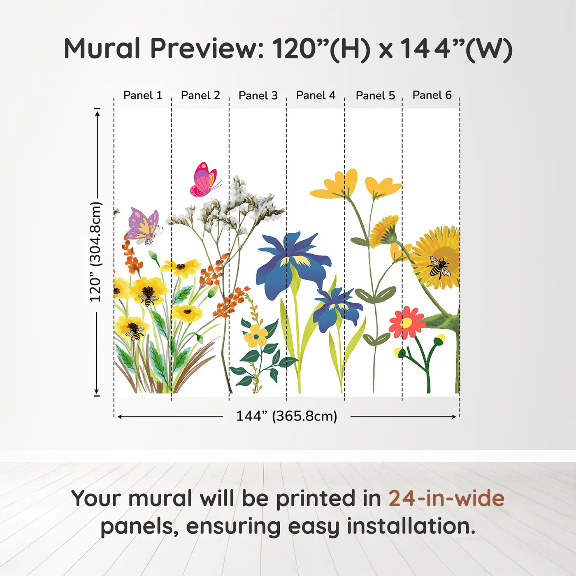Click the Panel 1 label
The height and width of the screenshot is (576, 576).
[x=143, y=95]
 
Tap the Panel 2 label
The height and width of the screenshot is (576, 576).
[x=200, y=95]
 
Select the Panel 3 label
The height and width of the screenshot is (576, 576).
[x=258, y=95]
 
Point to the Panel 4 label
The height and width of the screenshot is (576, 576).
[x=316, y=95]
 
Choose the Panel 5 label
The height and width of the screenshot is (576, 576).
[x=375, y=95]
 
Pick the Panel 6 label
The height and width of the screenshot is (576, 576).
[x=432, y=95]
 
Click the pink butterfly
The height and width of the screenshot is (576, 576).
[x=205, y=180]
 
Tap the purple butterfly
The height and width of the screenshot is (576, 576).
[x=144, y=226]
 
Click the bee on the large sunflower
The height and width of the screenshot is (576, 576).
[x=438, y=267]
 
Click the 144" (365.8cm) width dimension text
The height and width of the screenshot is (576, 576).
[x=287, y=416]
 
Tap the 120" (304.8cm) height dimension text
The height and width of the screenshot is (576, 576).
[x=95, y=252]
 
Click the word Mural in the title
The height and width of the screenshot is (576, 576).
[x=102, y=49]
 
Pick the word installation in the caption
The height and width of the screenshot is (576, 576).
[x=411, y=526]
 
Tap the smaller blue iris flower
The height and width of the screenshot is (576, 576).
[x=337, y=310]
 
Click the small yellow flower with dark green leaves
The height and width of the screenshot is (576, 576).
[x=256, y=336]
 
